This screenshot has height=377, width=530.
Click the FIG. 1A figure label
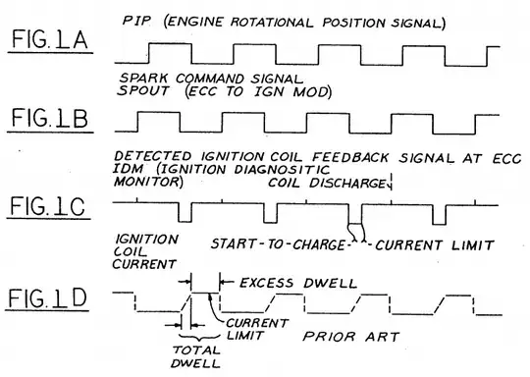point(50,39)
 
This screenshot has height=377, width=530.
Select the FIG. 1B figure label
point(50,118)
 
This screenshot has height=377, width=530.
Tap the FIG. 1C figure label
point(48,206)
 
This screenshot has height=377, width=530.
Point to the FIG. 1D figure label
point(48,297)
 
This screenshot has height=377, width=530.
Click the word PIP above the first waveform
point(136,21)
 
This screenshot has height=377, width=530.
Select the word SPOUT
point(142,90)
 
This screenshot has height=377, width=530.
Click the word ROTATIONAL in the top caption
point(272,23)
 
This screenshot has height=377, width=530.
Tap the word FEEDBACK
point(350,157)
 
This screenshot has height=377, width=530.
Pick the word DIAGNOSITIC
point(282,169)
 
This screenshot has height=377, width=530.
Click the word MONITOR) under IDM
point(148,182)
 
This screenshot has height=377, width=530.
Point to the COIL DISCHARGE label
point(327,183)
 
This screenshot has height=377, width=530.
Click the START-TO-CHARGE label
point(278,244)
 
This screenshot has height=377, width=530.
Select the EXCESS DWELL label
point(298,283)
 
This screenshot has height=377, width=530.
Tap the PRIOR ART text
point(351,337)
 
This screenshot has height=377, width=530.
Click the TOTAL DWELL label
point(196,356)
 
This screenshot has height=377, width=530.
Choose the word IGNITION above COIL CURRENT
point(146,239)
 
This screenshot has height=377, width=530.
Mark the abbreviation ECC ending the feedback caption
point(507,159)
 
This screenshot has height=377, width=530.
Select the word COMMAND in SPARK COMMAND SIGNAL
point(210,79)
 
